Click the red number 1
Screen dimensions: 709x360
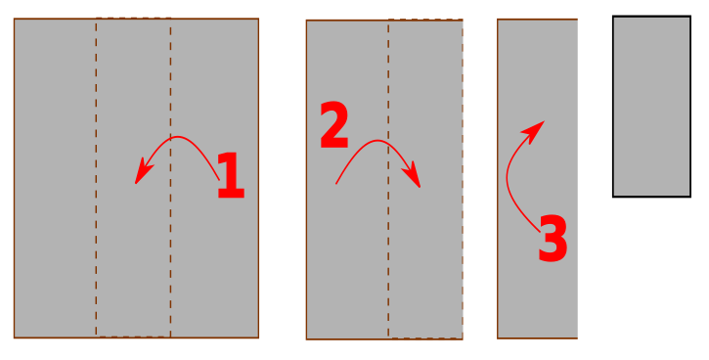tap(231, 176)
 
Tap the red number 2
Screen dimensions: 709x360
tap(334, 124)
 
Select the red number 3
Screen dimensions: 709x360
tap(553, 239)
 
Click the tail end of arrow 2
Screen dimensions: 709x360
tap(336, 184)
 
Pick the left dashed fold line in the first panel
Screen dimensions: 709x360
tap(96, 178)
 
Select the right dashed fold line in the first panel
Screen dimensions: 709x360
tap(170, 181)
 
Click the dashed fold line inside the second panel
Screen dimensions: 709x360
tap(388, 180)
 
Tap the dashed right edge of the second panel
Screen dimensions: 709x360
tap(463, 179)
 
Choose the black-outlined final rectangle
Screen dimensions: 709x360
tap(651, 107)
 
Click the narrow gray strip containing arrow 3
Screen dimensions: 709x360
tap(537, 179)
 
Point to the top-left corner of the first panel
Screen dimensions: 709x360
tap(14, 19)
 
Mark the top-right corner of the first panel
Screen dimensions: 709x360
tap(258, 19)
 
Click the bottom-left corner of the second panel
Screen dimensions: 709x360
tap(306, 338)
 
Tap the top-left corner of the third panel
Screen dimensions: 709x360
tap(498, 20)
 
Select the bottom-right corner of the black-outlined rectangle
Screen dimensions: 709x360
tap(690, 197)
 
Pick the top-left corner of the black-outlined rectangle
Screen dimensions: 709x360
tap(613, 17)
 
